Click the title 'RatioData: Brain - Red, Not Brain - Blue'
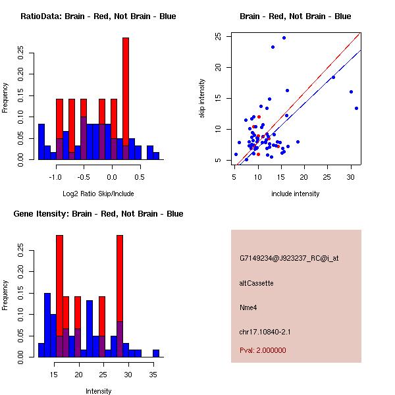tap(98, 16)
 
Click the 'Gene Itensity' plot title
tap(98, 214)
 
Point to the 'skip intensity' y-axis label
tap(202, 99)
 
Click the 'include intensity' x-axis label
tap(296, 194)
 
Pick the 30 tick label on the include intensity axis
tap(350, 177)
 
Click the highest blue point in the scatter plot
tap(284, 38)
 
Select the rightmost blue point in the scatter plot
tap(356, 108)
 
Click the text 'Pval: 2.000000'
tap(263, 350)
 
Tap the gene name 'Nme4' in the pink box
tap(248, 307)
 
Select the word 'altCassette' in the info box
tap(256, 283)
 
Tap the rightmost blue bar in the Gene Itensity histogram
tap(156, 353)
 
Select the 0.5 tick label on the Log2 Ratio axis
tap(139, 177)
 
